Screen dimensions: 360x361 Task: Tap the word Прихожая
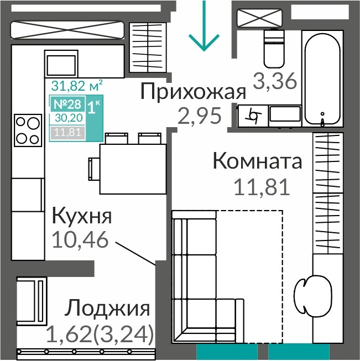click(x=193, y=91)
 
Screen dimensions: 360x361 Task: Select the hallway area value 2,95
click(x=200, y=116)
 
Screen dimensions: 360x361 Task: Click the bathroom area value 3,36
click(x=275, y=81)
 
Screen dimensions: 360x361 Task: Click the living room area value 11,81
click(x=262, y=187)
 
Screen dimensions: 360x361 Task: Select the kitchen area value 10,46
click(x=80, y=239)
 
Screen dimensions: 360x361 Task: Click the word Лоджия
click(x=107, y=308)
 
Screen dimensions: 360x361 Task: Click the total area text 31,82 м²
click(x=77, y=86)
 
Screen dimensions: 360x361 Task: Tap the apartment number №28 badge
click(x=67, y=104)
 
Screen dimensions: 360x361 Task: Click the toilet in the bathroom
click(x=274, y=48)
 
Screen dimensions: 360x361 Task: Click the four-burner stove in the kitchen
click(x=28, y=130)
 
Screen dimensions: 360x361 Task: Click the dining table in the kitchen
click(x=133, y=169)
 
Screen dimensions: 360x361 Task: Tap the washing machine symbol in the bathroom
click(x=253, y=116)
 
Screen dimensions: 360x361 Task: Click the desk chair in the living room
click(x=313, y=295)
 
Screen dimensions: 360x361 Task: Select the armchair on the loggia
click(x=32, y=301)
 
